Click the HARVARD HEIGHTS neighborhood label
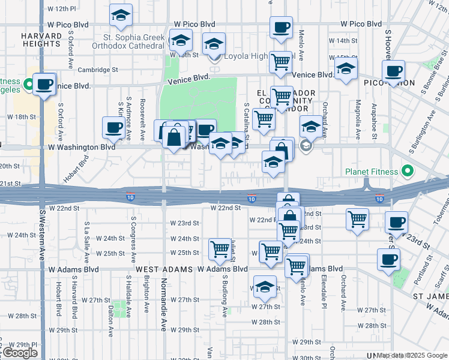pyautogui.click(x=41, y=41)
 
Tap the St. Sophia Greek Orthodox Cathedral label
pyautogui.click(x=129, y=41)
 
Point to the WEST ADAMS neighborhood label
pyautogui.click(x=158, y=270)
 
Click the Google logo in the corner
pyautogui.click(x=19, y=353)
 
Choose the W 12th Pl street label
pyautogui.click(x=62, y=10)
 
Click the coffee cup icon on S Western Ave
pyautogui.click(x=44, y=83)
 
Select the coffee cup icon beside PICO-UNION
pyautogui.click(x=394, y=70)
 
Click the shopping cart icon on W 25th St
pyautogui.click(x=220, y=248)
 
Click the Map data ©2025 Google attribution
pyautogui.click(x=412, y=355)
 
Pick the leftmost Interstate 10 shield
pyautogui.click(x=130, y=197)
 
